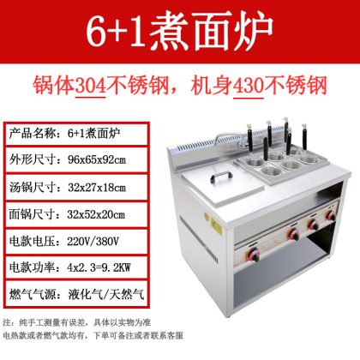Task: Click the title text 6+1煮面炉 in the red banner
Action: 179,32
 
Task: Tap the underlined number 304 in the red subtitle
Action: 91,85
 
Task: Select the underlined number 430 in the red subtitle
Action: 249,85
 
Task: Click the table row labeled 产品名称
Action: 76,134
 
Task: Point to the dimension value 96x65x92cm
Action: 97,160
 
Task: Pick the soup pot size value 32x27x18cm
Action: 97,188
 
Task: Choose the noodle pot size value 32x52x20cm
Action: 96,214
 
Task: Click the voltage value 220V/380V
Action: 93,242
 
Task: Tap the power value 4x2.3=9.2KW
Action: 99,267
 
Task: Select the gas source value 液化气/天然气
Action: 106,294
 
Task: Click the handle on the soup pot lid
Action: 220,177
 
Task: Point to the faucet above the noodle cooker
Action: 229,140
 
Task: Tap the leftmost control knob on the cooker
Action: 254,254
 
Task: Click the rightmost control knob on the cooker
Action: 332,215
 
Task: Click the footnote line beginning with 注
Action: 76,323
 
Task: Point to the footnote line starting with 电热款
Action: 93,335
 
